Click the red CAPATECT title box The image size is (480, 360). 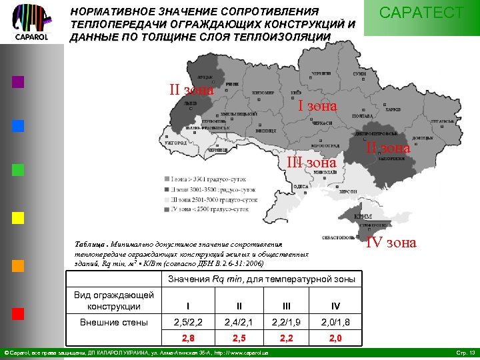(x=421, y=14)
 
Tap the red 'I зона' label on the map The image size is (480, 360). (x=317, y=105)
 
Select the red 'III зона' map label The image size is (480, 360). (x=311, y=163)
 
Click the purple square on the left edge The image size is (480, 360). (x=18, y=82)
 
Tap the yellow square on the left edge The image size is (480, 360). (x=18, y=218)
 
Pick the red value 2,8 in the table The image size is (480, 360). (x=188, y=338)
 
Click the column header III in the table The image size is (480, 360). (x=287, y=306)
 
